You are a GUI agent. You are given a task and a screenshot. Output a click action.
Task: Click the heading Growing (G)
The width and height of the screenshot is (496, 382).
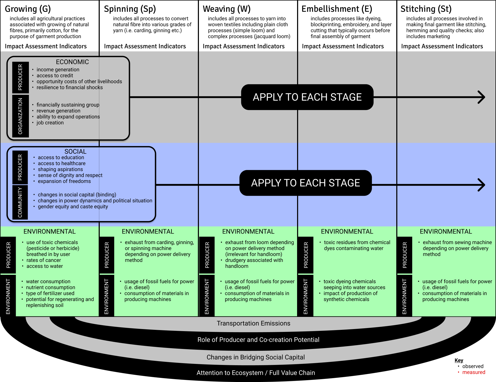[x=28, y=9]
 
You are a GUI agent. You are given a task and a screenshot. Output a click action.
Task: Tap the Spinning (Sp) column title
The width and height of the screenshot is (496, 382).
[x=130, y=9]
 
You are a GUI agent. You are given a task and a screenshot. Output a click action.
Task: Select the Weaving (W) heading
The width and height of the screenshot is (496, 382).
[x=227, y=9]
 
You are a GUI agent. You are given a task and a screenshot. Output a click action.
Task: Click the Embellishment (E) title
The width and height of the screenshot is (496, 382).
[x=337, y=9]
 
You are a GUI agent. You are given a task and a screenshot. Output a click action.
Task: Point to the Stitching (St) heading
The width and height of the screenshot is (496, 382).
[x=426, y=9]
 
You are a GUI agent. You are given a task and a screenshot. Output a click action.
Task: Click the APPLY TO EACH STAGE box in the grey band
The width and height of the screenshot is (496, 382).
[x=307, y=97]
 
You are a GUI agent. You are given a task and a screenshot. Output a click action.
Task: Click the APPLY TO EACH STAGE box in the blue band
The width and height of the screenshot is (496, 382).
[x=306, y=183]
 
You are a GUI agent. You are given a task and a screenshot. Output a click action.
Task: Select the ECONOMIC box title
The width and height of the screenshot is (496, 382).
[x=72, y=62]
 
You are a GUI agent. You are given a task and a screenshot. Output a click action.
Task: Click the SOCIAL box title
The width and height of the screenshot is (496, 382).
[x=75, y=152]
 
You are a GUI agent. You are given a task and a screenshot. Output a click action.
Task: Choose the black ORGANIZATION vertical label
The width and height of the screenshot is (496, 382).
[x=20, y=116]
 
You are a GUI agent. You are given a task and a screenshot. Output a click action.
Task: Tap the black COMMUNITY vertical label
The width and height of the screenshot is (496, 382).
[x=20, y=202]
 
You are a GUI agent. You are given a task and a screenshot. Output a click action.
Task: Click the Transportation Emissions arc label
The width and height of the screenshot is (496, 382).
[x=253, y=323]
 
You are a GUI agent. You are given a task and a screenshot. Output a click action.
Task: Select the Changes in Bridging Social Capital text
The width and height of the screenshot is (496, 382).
[x=255, y=357]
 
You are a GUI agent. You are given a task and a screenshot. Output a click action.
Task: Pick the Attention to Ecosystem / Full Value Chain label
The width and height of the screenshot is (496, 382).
[x=255, y=373]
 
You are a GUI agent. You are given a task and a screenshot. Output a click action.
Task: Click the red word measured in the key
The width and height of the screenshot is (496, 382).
[x=474, y=372]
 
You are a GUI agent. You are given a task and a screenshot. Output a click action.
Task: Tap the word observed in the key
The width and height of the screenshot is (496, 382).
[x=473, y=366]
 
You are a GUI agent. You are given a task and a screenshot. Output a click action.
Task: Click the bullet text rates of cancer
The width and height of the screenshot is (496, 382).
[x=44, y=260]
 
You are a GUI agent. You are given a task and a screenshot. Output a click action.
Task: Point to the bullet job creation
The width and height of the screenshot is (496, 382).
[x=50, y=123]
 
